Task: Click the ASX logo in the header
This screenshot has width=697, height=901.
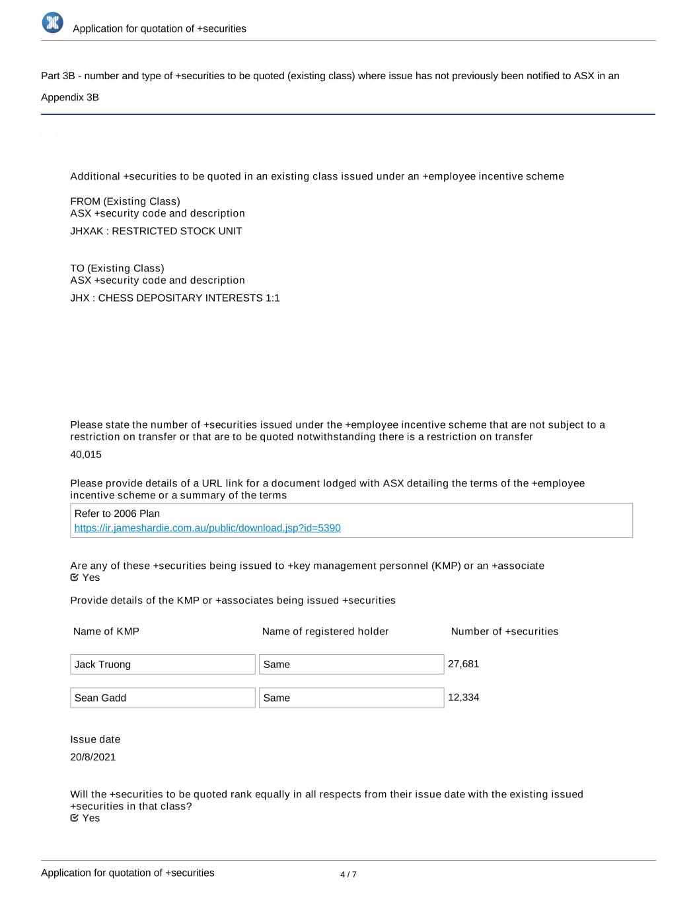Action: pos(53,22)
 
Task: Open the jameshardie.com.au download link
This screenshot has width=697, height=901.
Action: pos(207,528)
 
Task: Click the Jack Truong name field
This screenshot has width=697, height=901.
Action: pos(163,664)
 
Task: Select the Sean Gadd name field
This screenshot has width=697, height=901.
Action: pos(163,698)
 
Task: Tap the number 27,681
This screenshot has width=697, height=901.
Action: pos(463,664)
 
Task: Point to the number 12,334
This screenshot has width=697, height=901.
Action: pos(463,698)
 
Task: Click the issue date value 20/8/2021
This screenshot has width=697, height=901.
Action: pos(93,757)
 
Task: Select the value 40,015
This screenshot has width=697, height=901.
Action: pos(86,455)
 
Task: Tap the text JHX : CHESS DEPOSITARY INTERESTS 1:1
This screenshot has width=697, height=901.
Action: pos(175,298)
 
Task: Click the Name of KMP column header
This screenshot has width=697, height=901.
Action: pos(106,632)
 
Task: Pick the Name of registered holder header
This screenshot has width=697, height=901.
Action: pos(325,632)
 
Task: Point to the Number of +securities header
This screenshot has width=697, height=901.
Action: pos(504,632)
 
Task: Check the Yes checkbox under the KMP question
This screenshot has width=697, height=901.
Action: pos(75,578)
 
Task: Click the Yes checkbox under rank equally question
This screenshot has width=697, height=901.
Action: pos(75,818)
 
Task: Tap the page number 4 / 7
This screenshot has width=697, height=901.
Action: pos(348,875)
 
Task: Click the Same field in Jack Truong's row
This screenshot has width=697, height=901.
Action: pos(351,664)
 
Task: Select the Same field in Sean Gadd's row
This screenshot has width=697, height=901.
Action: pos(351,698)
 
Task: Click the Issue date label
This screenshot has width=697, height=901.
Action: pos(95,739)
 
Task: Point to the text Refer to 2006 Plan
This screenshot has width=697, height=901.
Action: pos(117,514)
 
